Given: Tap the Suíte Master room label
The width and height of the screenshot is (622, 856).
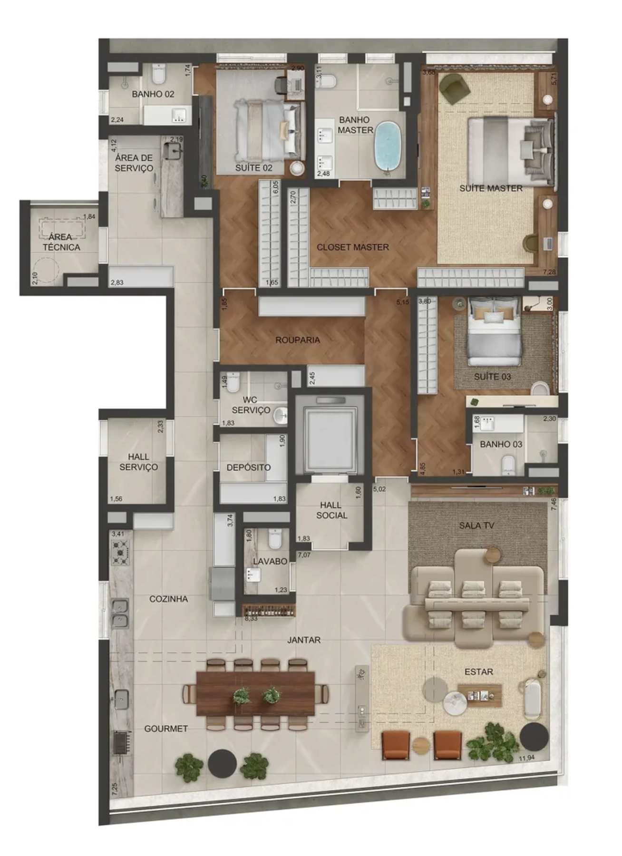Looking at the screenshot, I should point(491,188).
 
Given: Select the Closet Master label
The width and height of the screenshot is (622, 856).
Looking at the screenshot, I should point(352,247).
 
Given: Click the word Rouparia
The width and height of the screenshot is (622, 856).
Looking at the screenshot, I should point(297,340).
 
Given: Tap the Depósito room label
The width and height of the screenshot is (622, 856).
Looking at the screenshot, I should point(248,467).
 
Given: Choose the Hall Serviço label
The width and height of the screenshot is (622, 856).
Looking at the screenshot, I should point(138,462).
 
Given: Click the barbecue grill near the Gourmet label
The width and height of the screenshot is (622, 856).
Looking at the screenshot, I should point(120,743).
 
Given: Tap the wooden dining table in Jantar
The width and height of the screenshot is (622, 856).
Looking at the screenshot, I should point(256,694).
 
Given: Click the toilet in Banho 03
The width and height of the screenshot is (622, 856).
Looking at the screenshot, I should point(508,464).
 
